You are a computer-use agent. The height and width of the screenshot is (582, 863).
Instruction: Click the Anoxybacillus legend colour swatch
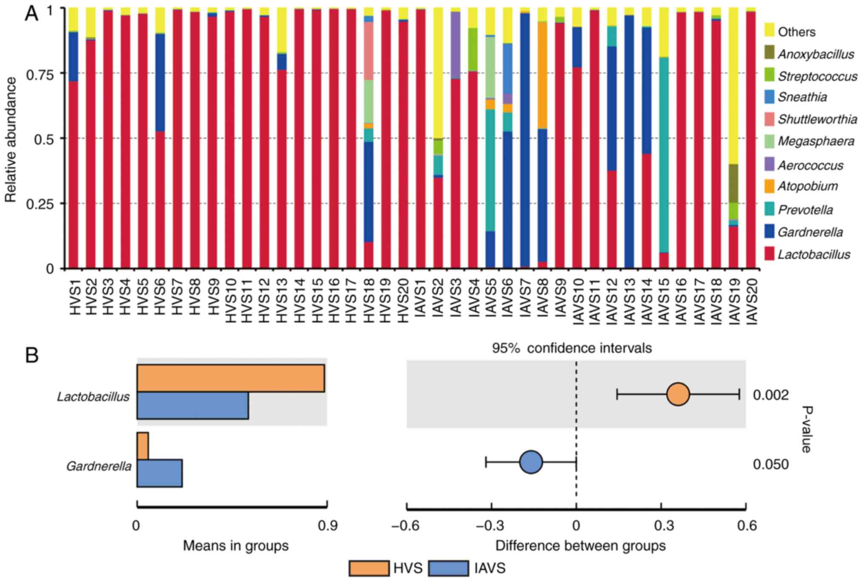tap(769, 54)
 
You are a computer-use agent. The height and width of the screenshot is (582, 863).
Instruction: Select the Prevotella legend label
tap(805, 210)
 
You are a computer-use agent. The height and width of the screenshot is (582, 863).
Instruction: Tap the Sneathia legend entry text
tap(802, 97)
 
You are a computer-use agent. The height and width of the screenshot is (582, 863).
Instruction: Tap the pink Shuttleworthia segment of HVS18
tap(369, 51)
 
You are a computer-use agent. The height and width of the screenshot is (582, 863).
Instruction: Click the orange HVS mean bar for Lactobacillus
tap(231, 378)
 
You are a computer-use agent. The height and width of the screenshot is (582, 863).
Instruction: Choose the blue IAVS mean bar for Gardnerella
tap(160, 473)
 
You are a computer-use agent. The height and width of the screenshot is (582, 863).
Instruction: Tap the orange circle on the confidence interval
tap(678, 395)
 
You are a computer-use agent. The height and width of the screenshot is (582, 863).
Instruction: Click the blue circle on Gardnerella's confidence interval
tap(531, 462)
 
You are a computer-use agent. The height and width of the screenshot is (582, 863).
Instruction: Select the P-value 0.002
tap(771, 395)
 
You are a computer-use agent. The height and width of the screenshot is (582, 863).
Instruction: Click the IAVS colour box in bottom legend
tap(449, 568)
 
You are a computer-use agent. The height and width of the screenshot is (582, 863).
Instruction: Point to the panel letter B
tap(32, 356)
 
